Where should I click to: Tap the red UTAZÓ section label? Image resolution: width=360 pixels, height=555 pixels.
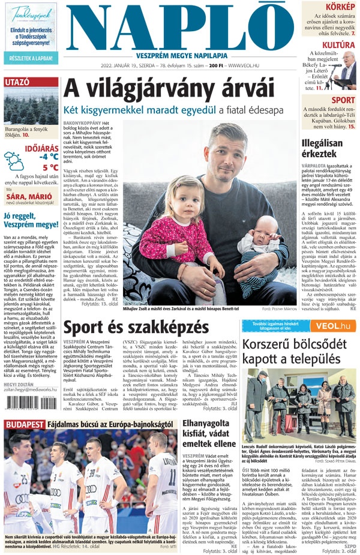coord(18,82)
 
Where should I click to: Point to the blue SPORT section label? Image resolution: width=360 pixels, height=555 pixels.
coord(343,100)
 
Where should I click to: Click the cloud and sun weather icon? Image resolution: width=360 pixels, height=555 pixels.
coord(14,161)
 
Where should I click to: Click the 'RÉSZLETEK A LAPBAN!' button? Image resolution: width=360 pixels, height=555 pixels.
coord(30,59)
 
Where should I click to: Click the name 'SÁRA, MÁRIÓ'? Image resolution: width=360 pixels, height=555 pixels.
coord(28,196)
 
